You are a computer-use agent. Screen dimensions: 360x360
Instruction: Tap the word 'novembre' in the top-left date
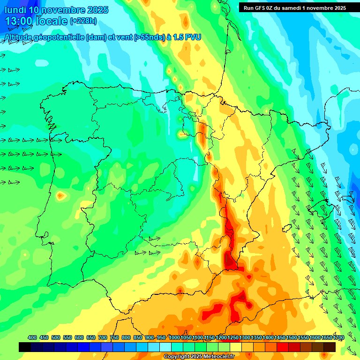click(64, 10)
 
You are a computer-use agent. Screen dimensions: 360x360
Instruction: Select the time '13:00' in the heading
click(20, 21)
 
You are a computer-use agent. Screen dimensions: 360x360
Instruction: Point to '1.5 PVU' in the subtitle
click(187, 37)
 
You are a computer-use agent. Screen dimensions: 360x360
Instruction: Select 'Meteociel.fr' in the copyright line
click(217, 356)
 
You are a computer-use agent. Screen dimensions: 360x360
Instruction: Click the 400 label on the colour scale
click(32, 337)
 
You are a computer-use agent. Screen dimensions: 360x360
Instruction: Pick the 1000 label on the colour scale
click(174, 337)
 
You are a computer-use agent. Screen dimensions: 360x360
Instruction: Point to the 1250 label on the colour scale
click(233, 337)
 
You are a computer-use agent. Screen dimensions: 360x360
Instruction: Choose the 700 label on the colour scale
click(103, 337)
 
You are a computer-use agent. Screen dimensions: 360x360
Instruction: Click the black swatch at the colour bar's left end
click(25, 347)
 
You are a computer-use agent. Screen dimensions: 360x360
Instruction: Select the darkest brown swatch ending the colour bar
click(330, 347)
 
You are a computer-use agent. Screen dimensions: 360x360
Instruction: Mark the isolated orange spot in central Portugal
click(60, 195)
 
